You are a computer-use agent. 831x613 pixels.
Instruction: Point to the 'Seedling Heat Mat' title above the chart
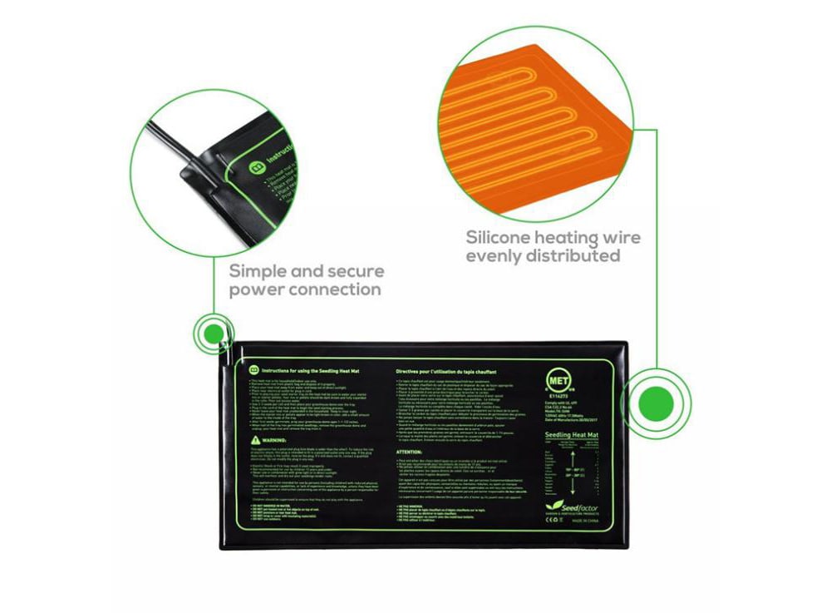coord(570,435)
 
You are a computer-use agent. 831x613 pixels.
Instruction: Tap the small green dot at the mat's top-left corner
coord(214,334)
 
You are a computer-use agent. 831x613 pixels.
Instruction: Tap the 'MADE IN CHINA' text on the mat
coord(599,526)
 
